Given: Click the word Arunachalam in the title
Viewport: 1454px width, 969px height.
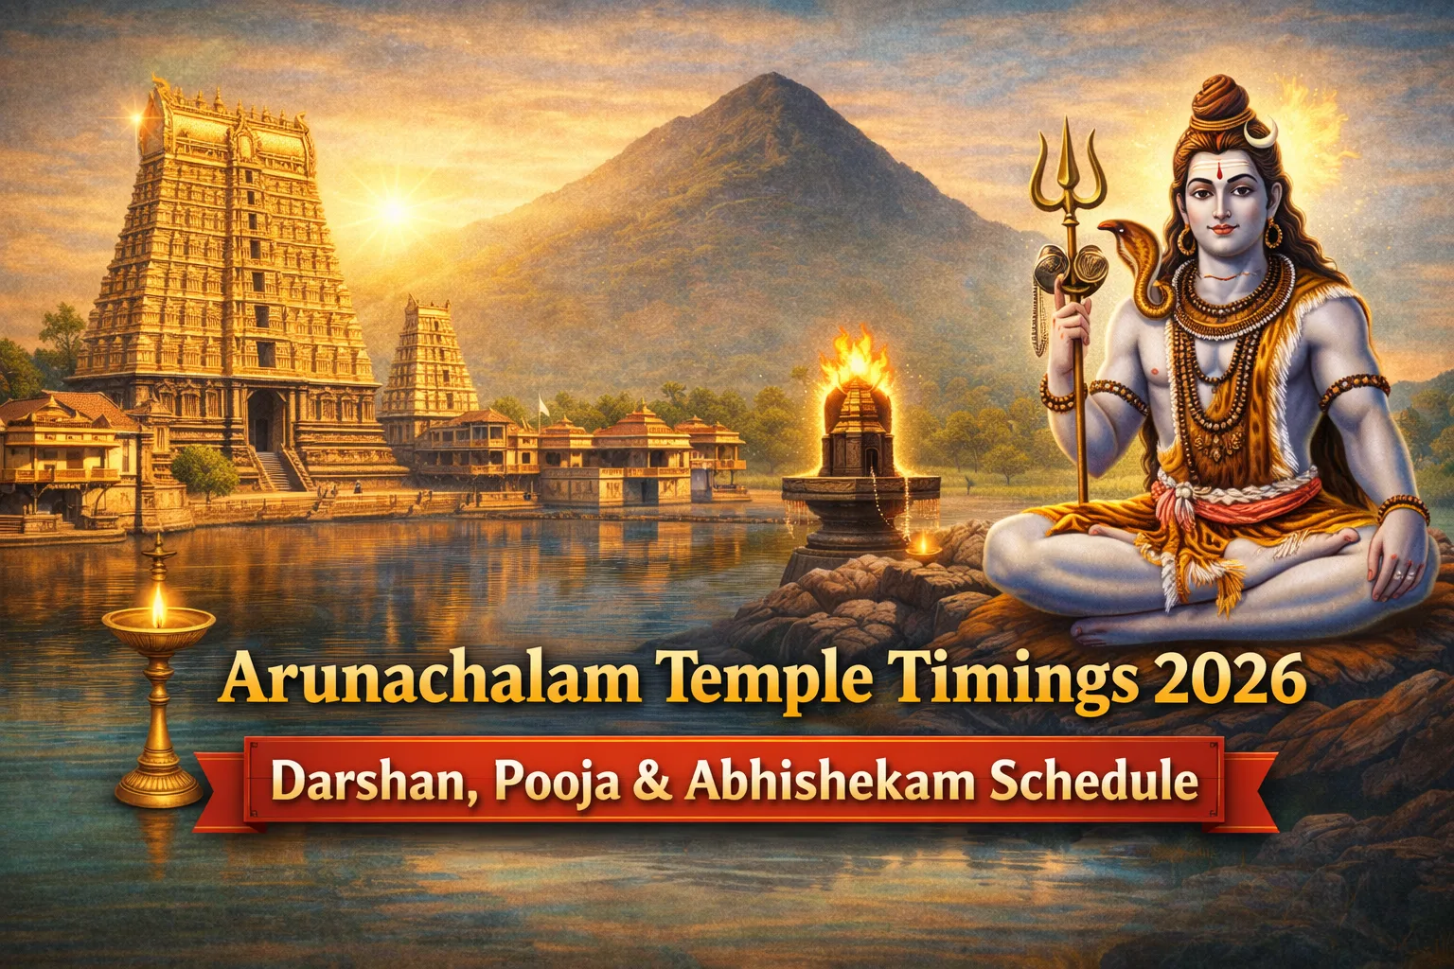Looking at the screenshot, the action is pos(429,678).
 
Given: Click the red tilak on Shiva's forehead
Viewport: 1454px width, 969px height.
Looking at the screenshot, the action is pos(1220,171).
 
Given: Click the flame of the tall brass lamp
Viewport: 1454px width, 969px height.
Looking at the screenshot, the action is pos(158,608).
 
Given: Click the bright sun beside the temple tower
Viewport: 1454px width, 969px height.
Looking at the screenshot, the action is pos(394,209).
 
